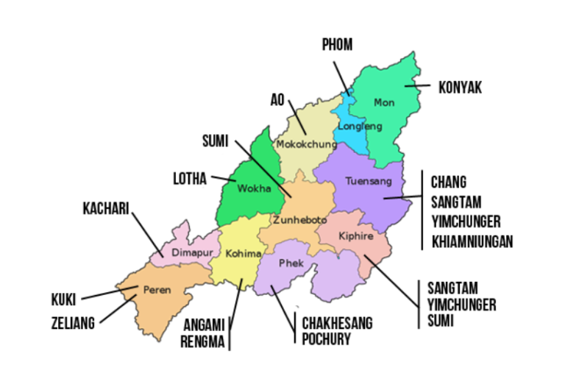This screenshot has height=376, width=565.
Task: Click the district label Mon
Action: pos(384,102)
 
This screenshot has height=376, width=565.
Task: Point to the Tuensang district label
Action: pos(364,180)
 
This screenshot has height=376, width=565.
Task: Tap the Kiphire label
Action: pos(356,236)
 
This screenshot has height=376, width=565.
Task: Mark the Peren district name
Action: pos(157,290)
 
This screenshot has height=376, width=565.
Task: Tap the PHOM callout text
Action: pos(337,46)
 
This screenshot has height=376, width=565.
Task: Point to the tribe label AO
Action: pos(277,99)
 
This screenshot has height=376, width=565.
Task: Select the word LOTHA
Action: pos(189,178)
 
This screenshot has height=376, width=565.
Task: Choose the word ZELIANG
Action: pos(73,322)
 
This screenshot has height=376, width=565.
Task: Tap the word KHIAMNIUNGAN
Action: pos(472,241)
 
